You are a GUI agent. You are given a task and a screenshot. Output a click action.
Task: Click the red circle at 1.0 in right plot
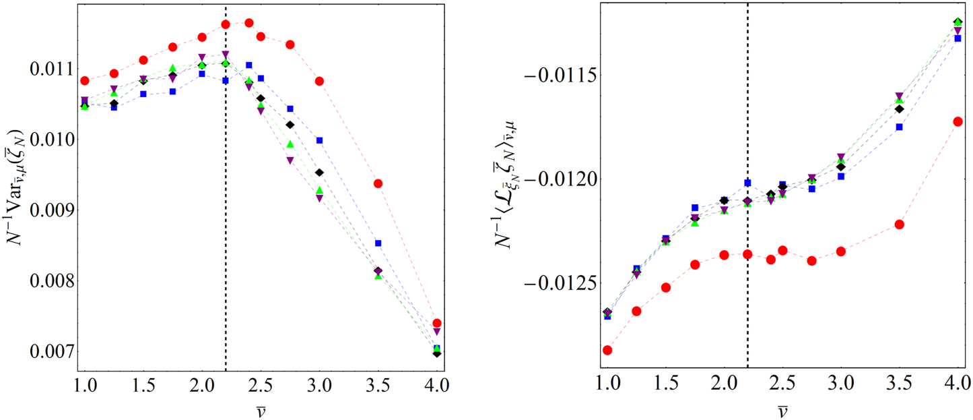(x=607, y=350)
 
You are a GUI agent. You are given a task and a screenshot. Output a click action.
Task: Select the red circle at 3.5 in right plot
(x=899, y=224)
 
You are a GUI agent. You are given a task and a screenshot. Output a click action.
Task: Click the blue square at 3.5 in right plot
(x=899, y=127)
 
